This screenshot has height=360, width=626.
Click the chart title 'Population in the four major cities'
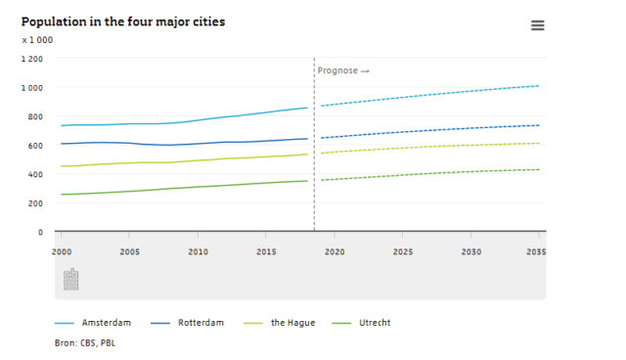point(122,22)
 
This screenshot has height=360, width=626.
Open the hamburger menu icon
point(537,25)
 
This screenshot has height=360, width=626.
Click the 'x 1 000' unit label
point(37,40)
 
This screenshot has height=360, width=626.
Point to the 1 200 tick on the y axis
point(31,59)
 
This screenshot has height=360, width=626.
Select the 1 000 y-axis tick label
point(31,88)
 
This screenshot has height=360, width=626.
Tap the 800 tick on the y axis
point(34,117)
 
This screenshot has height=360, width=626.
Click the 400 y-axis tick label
point(34,175)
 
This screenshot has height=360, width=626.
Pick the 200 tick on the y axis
point(34,203)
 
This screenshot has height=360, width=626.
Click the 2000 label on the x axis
point(62,251)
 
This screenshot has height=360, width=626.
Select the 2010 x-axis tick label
point(198,251)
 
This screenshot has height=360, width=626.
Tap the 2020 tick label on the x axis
point(335,251)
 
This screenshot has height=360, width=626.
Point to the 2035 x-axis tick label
point(536,251)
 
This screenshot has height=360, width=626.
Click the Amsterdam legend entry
point(106,323)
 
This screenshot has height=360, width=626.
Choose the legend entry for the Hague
point(294,323)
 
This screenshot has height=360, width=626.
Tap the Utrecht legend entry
point(373,323)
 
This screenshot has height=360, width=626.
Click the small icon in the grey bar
point(70,280)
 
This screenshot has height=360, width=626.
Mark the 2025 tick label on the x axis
point(402,251)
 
